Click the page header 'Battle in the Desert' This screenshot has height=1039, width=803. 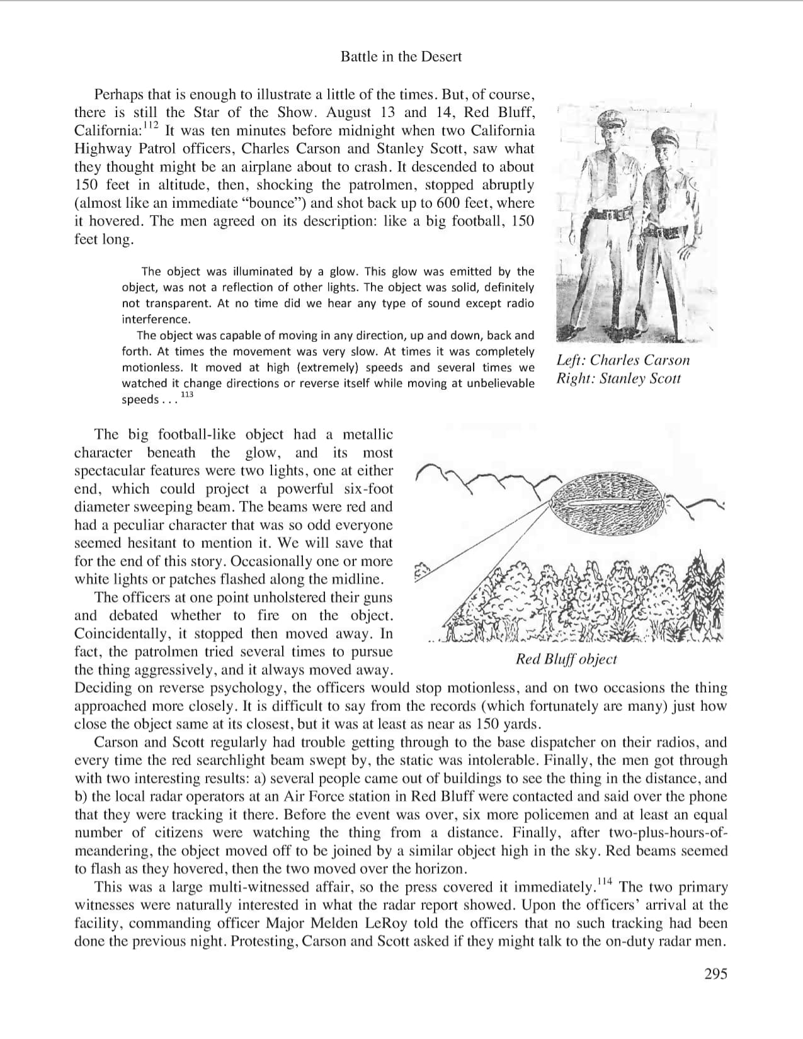point(401,57)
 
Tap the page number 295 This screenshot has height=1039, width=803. point(715,974)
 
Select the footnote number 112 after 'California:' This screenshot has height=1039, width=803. point(150,127)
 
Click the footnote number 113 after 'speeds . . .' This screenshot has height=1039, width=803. point(186,395)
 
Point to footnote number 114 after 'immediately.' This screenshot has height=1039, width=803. point(604,882)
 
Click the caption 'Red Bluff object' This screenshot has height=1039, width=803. point(566,659)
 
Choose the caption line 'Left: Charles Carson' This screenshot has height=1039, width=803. point(623,360)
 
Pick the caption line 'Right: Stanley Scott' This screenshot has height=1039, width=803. point(618,378)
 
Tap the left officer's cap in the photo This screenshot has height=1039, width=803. point(608,118)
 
